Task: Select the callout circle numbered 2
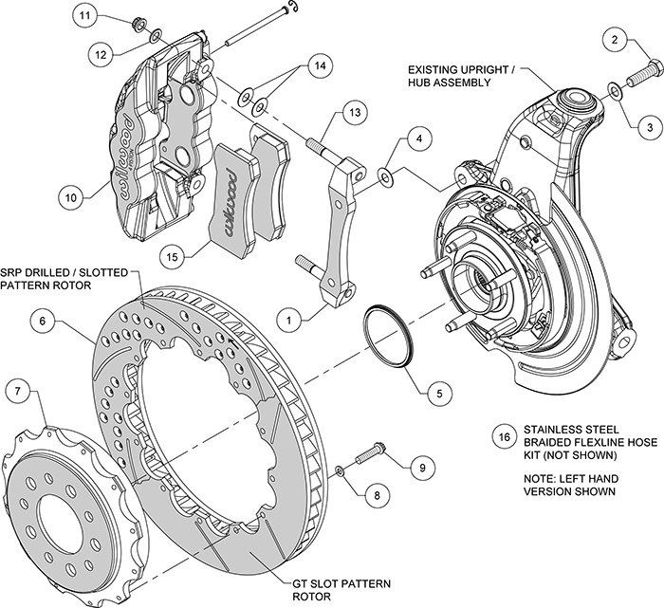[x=617, y=40]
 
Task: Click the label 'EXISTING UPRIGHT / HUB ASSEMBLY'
[x=463, y=76]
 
